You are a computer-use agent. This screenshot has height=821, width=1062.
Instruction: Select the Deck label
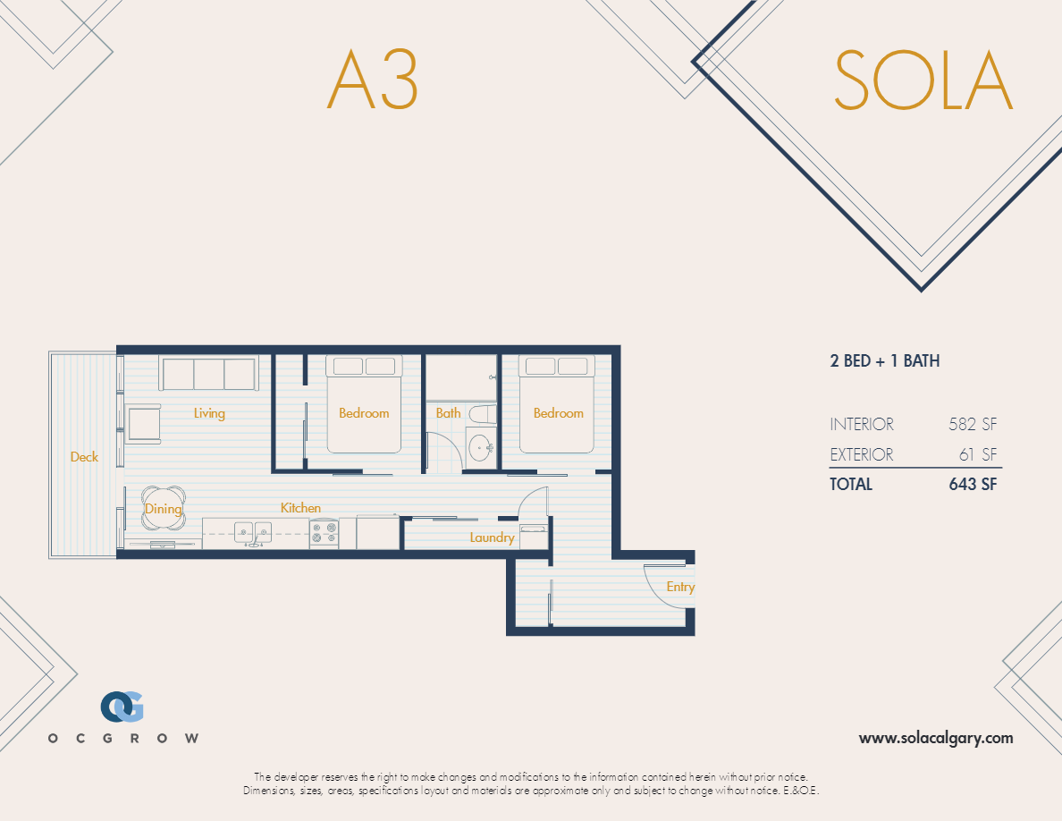point(84,457)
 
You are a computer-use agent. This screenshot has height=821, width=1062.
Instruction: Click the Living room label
point(209,413)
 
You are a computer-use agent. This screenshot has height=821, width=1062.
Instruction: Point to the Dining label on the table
point(164,509)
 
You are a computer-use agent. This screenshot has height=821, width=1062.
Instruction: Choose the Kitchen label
point(300,508)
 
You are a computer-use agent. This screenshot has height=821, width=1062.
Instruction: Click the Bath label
point(448,413)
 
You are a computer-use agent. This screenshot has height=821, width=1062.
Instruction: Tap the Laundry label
point(492,537)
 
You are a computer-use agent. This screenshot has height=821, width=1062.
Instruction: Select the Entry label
point(680,587)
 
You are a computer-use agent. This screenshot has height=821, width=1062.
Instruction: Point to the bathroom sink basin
point(481,446)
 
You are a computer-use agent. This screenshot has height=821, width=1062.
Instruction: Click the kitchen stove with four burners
point(324,534)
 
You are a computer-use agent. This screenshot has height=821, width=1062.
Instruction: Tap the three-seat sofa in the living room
point(209,373)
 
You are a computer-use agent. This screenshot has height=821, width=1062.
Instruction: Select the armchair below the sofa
point(143,423)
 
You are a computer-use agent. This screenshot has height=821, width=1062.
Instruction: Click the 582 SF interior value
point(973,425)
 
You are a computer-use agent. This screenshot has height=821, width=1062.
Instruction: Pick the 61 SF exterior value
point(978,454)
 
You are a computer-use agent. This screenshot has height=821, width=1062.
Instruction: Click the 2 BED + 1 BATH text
point(884,361)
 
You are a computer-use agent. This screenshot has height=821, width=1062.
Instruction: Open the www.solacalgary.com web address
point(936,738)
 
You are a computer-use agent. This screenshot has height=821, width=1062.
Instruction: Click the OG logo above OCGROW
point(122,707)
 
